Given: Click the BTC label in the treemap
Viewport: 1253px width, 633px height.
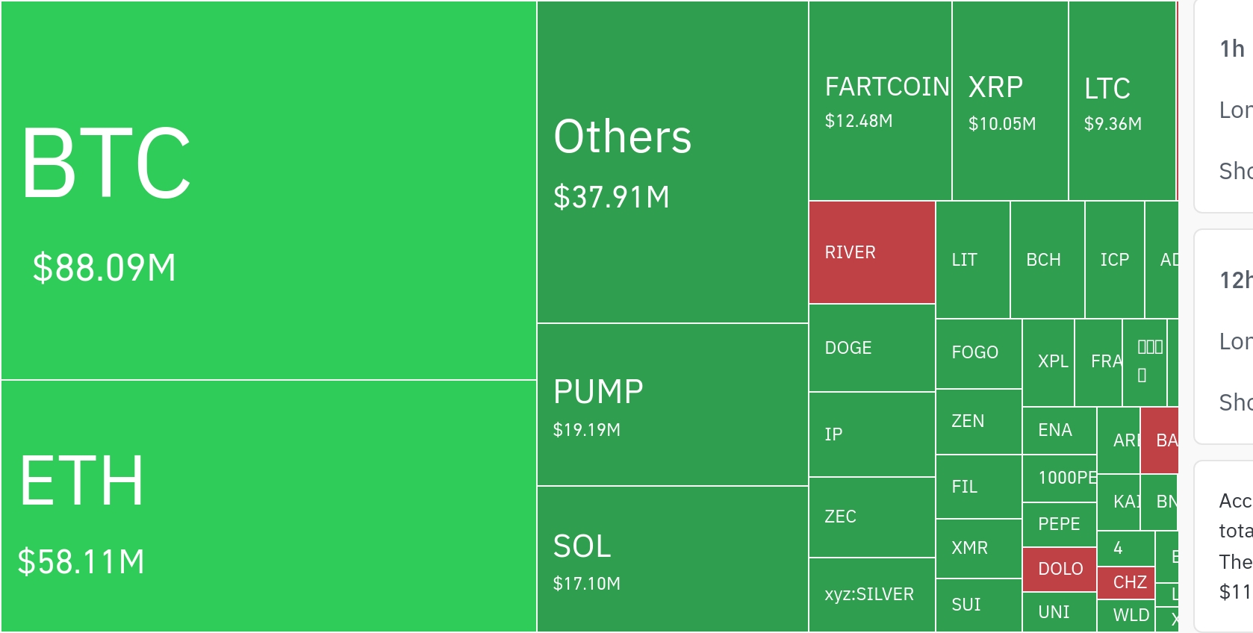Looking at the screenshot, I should tap(106, 163).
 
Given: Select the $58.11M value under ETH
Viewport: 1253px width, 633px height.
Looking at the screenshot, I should tap(81, 562).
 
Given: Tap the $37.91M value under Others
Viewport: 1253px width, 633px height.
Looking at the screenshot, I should tap(612, 198).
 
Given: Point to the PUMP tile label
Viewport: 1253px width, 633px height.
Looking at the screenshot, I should tap(598, 392).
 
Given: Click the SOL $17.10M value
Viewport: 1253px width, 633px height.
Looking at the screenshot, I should tap(586, 584).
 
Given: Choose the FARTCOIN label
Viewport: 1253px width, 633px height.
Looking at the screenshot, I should tap(886, 87).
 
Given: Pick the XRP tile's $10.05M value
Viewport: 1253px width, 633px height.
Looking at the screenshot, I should tap(1001, 124).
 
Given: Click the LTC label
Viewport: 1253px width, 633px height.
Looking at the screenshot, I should tap(1107, 89).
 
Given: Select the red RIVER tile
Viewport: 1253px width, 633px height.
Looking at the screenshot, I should tap(871, 252).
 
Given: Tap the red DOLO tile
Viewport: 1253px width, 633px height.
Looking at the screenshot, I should tap(1060, 569).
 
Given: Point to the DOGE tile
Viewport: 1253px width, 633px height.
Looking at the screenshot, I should tap(871, 348).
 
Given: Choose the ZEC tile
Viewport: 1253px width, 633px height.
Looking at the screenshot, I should tap(871, 517).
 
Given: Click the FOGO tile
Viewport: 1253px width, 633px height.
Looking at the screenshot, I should tap(977, 352).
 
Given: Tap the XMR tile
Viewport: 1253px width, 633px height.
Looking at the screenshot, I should tap(977, 548).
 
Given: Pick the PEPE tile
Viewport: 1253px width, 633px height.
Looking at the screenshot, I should tap(1059, 524).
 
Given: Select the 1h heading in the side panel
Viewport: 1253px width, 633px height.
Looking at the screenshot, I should tap(1232, 49).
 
